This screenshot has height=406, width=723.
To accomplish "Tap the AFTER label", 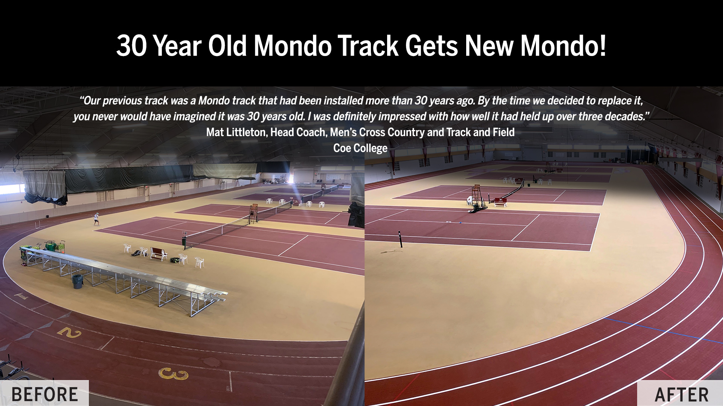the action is pos(682,395).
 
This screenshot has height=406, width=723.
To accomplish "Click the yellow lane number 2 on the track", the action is pos(70,332).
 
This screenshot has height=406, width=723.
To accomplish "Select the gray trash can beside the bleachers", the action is pos(78,281).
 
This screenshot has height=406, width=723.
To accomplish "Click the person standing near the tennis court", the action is pos(97,218).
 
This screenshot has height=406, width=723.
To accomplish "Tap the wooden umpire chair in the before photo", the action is pos(253,214).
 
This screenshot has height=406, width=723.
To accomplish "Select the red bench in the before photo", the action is pos(159,254).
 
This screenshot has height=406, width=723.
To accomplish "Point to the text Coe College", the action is pos(360,148).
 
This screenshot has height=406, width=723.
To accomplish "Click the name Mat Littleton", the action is pos(235,132).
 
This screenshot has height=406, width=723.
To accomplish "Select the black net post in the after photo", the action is pos(401,239).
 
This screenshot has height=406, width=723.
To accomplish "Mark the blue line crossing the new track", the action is pos(663,330).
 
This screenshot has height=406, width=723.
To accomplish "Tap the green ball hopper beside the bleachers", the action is pos(50,247).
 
